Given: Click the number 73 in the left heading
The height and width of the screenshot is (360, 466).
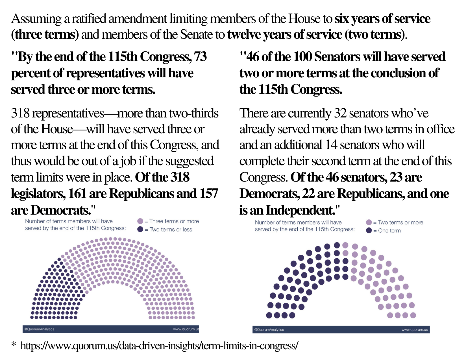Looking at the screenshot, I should (201, 57).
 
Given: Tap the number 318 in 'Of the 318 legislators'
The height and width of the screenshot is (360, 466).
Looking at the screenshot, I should (180, 177).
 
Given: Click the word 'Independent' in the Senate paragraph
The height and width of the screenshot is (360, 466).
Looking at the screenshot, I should (299, 210).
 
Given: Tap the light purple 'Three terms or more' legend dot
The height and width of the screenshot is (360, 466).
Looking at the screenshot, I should (140, 221).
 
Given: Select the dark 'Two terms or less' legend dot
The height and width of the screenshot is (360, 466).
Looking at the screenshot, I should (140, 229).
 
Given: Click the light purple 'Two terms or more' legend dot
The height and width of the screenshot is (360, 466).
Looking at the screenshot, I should (369, 222).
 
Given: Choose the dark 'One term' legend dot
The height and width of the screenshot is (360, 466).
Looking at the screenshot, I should (369, 230).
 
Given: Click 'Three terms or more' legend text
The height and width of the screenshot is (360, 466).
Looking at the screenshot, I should (174, 221).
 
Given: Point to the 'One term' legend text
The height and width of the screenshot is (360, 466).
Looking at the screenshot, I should (389, 231).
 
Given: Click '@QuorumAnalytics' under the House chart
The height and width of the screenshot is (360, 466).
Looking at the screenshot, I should (39, 329).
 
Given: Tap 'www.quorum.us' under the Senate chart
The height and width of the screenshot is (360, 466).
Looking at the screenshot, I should (415, 330).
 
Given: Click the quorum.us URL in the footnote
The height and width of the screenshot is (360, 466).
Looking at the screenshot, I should (159, 346).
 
